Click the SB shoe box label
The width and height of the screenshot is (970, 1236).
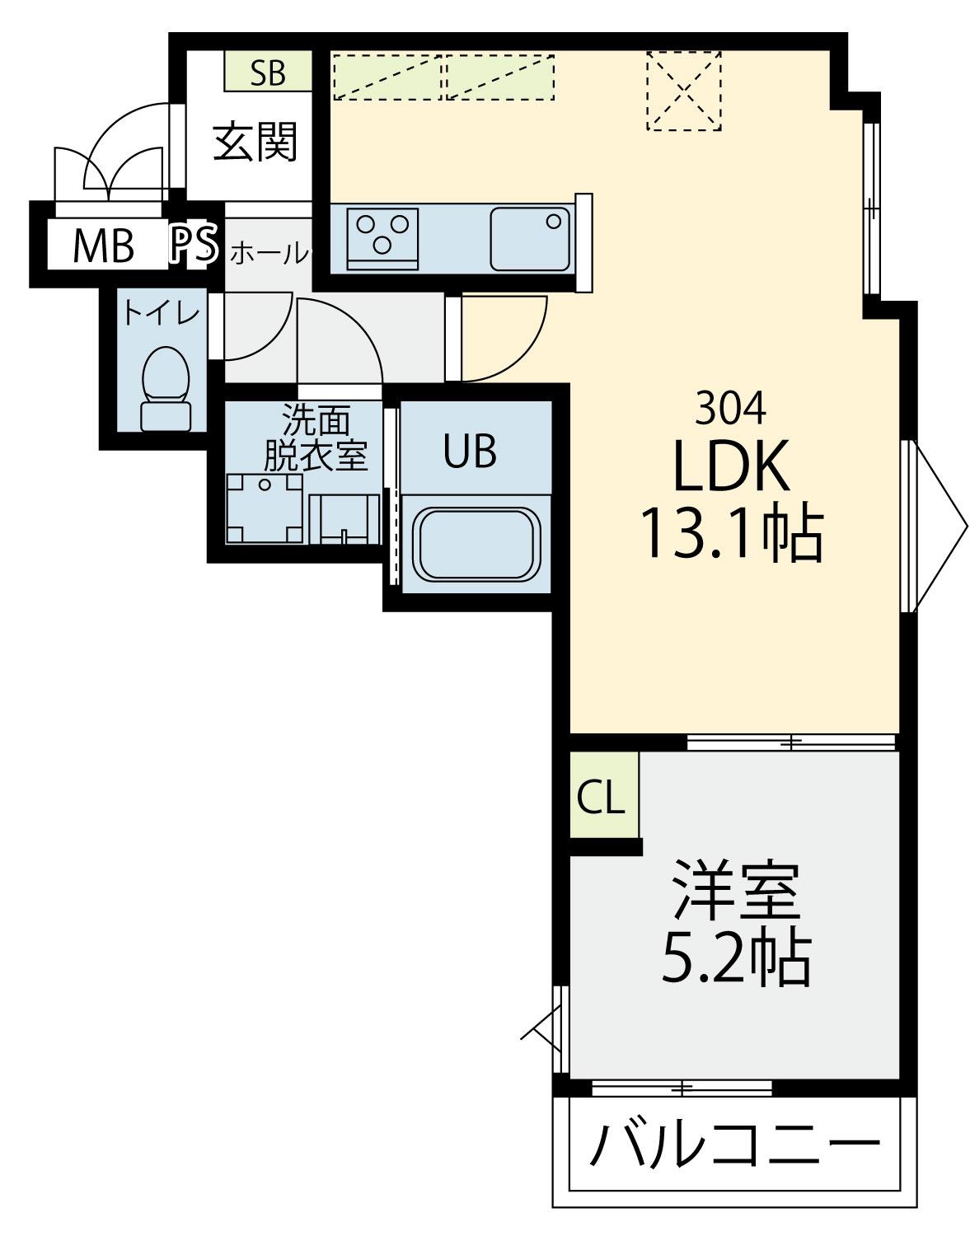268,73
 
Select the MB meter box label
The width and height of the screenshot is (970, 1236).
104,246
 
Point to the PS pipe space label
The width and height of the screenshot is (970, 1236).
194,245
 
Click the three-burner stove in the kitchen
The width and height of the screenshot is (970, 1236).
382,238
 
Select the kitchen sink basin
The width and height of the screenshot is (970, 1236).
530,239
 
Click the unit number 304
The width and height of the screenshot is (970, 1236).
730,409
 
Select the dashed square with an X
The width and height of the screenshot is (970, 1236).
684,91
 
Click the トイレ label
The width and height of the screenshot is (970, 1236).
162,313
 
